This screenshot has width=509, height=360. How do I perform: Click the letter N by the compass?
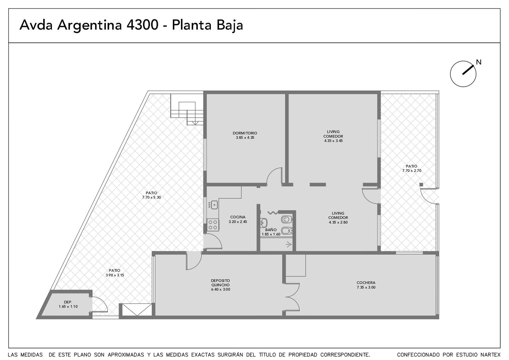pyautogui.click(x=479, y=62)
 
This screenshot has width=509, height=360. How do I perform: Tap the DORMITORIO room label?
pyautogui.click(x=245, y=133)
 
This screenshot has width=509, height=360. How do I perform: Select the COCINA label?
pyautogui.click(x=238, y=217)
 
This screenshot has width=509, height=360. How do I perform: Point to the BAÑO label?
pyautogui.click(x=271, y=230)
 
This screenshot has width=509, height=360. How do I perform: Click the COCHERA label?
pyautogui.click(x=366, y=283)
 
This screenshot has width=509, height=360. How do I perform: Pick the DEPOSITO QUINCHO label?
pyautogui.click(x=221, y=283)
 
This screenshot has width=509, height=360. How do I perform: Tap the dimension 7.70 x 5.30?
pyautogui.click(x=151, y=197)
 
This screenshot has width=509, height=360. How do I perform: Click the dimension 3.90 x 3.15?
pyautogui.click(x=115, y=275)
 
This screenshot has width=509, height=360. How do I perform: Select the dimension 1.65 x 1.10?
pyautogui.click(x=68, y=307)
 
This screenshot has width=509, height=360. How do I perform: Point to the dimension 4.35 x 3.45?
pyautogui.click(x=333, y=141)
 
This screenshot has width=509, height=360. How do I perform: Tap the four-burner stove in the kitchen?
pyautogui.click(x=213, y=225)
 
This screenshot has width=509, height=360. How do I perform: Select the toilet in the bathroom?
pyautogui.click(x=286, y=219)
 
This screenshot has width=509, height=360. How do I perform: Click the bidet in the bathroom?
pyautogui.click(x=287, y=231)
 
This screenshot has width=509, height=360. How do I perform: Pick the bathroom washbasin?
pyautogui.click(x=263, y=223)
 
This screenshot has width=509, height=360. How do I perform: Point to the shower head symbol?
pyautogui.click(x=289, y=245)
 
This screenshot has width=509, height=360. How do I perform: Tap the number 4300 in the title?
pyautogui.click(x=142, y=25)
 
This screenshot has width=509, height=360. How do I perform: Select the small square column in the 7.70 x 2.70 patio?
pyautogui.click(x=421, y=184)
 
